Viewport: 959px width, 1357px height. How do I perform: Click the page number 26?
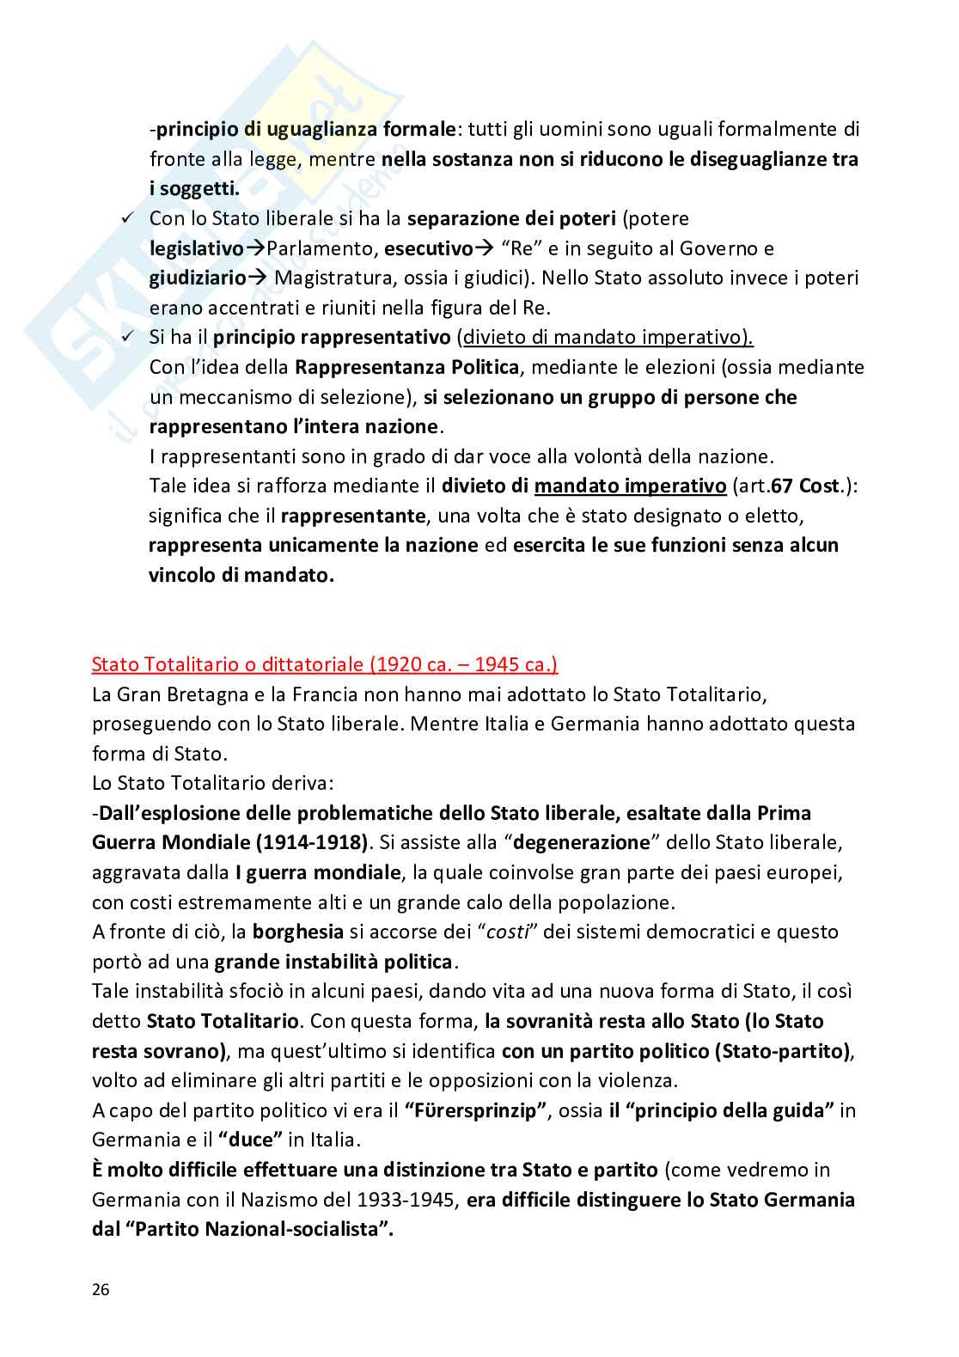(101, 1290)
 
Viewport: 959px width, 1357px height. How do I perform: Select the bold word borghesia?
(297, 932)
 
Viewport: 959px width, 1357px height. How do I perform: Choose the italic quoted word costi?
(506, 932)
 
